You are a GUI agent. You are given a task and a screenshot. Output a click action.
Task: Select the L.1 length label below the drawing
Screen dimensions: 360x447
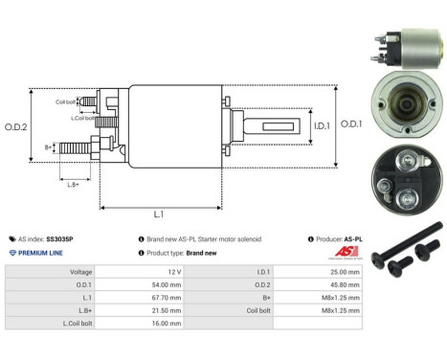coord(159,215)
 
